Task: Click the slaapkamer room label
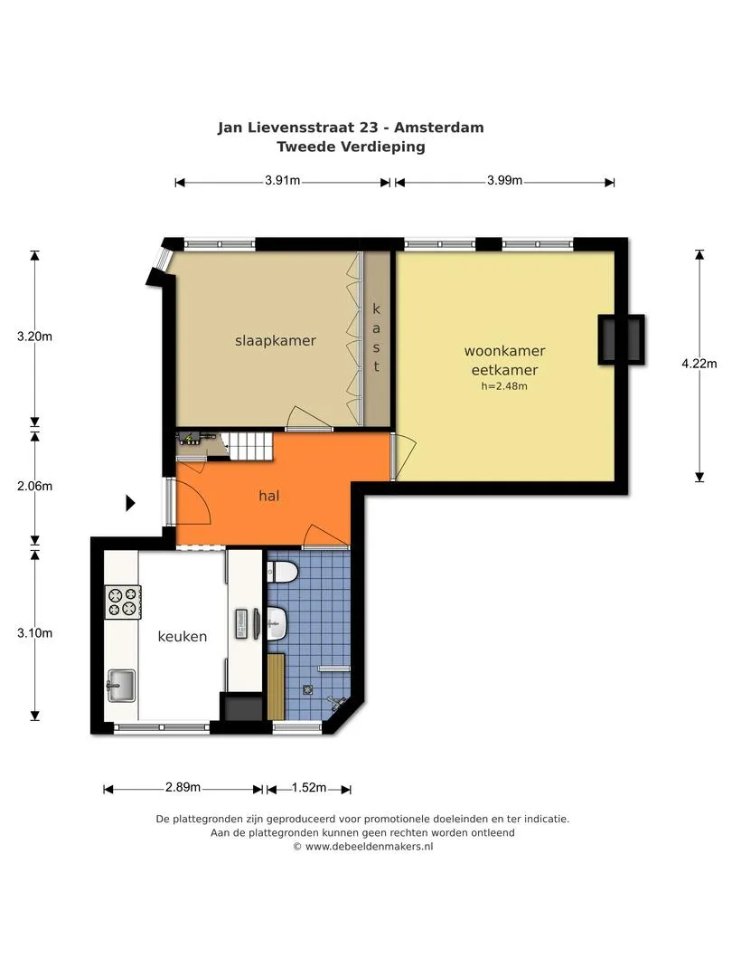pyautogui.click(x=275, y=341)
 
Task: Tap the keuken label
pyautogui.click(x=182, y=636)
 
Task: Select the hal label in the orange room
pyautogui.click(x=269, y=496)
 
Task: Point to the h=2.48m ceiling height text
pyautogui.click(x=504, y=386)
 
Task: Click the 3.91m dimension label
pyautogui.click(x=283, y=181)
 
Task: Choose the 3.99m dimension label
pyautogui.click(x=505, y=181)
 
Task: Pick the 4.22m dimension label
pyautogui.click(x=699, y=364)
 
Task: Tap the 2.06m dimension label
pyautogui.click(x=35, y=486)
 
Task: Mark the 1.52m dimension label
pyautogui.click(x=309, y=788)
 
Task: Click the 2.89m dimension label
pyautogui.click(x=183, y=788)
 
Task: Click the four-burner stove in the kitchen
pyautogui.click(x=123, y=602)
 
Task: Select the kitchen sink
pyautogui.click(x=121, y=686)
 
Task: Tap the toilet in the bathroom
pyautogui.click(x=282, y=572)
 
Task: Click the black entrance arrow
pyautogui.click(x=131, y=502)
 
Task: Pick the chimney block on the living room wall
pyautogui.click(x=621, y=339)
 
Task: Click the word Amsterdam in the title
pyautogui.click(x=439, y=128)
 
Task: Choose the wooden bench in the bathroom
pyautogui.click(x=276, y=687)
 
